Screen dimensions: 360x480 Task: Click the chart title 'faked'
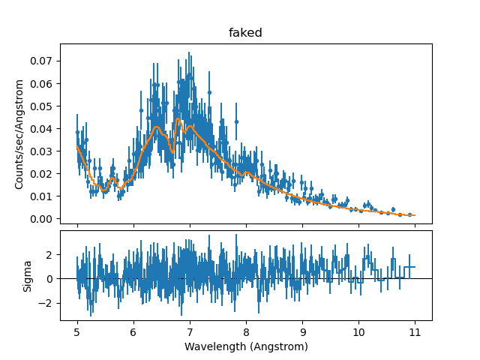[x=246, y=34]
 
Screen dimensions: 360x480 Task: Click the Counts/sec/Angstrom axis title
[x=20, y=133]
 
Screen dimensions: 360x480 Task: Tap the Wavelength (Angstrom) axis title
[x=246, y=347]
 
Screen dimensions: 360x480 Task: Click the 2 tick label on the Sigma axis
[x=50, y=254]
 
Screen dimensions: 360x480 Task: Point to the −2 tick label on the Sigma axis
[x=47, y=303]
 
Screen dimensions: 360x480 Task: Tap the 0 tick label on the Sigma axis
[x=50, y=279]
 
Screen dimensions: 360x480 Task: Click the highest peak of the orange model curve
[x=178, y=119]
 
